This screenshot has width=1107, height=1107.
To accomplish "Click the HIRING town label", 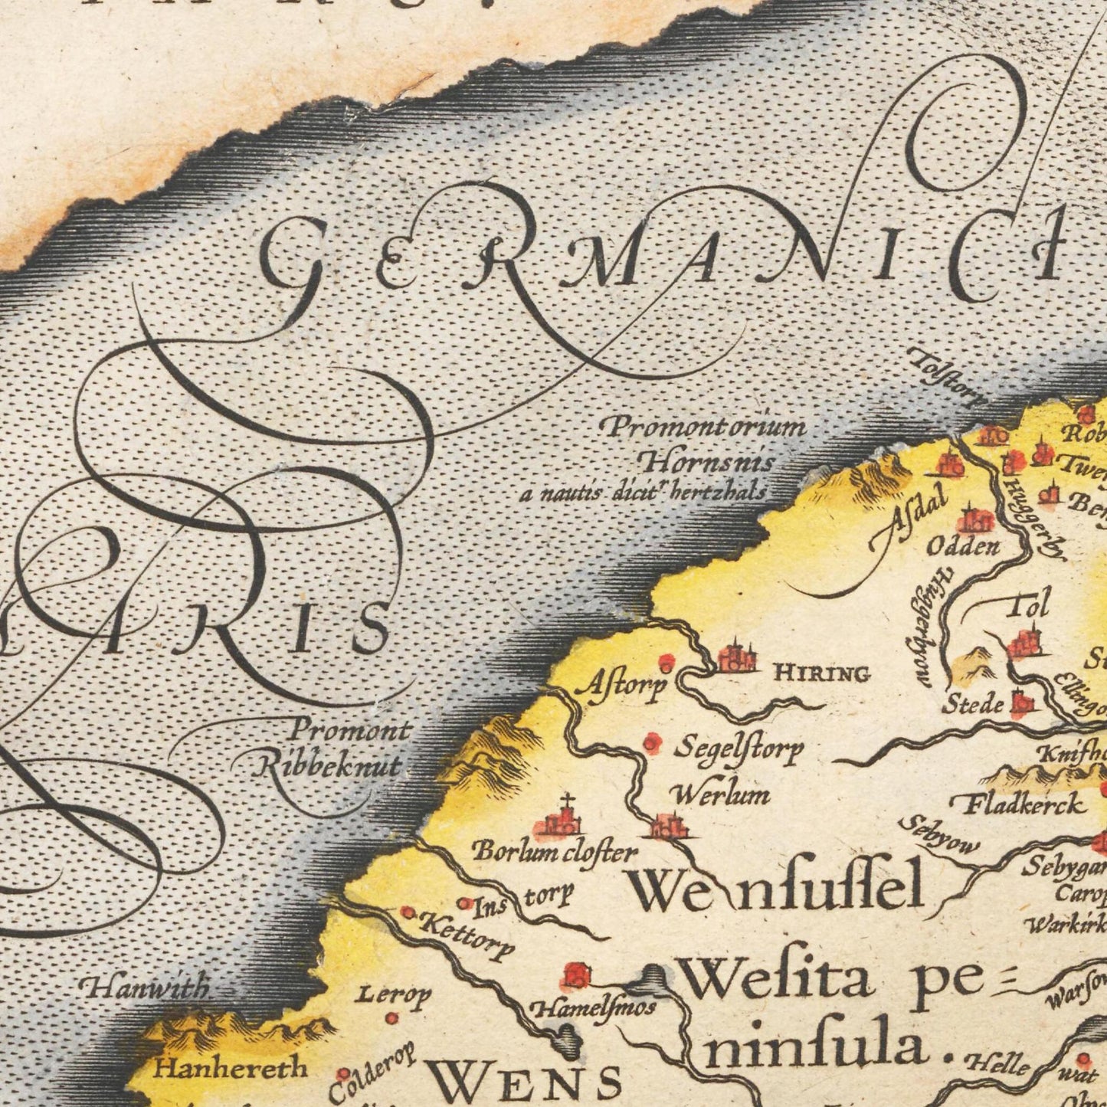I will (x=822, y=674).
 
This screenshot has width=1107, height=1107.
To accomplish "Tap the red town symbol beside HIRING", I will (x=736, y=658).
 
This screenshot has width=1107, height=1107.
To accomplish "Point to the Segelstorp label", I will (x=738, y=748).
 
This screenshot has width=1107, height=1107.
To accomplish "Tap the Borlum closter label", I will (x=554, y=852).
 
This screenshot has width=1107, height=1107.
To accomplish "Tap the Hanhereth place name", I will (x=230, y=1067).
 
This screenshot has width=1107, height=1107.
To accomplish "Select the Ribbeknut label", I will (x=328, y=765).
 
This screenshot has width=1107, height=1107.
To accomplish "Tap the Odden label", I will (x=963, y=546).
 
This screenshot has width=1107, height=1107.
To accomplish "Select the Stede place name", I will (x=971, y=703).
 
